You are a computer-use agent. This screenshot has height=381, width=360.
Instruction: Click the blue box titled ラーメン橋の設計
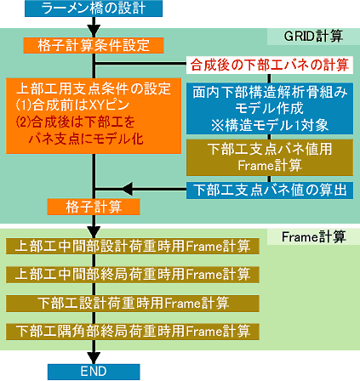pyautogui.click(x=94, y=9)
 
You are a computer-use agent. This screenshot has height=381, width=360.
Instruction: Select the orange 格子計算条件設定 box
pyautogui.click(x=94, y=45)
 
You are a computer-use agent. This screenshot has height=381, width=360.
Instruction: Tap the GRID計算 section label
pyautogui.click(x=313, y=37)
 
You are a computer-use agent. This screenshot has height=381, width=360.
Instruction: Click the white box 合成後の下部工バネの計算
pyautogui.click(x=270, y=65)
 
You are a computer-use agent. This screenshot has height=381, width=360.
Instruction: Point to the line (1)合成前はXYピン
pyautogui.click(x=72, y=105)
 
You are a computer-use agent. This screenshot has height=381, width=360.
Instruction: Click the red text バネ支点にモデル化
pyautogui.click(x=86, y=139)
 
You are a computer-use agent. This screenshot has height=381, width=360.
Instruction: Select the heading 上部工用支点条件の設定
pyautogui.click(x=94, y=88)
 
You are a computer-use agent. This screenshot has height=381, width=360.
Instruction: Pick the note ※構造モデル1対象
pyautogui.click(x=270, y=125)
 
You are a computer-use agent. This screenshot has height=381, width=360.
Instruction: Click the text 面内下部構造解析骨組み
pyautogui.click(x=270, y=92)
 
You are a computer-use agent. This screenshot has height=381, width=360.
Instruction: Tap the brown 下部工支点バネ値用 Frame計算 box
pyautogui.click(x=270, y=157)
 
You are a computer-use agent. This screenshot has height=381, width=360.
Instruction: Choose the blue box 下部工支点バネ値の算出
pyautogui.click(x=270, y=190)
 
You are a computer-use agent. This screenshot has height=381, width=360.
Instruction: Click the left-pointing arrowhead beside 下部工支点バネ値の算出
pyautogui.click(x=127, y=189)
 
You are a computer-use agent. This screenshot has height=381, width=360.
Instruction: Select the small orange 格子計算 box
pyautogui.click(x=94, y=207)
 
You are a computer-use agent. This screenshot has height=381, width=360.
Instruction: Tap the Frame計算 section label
pyautogui.click(x=313, y=236)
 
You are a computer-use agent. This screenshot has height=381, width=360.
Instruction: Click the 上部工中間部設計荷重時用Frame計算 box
pyautogui.click(x=133, y=246)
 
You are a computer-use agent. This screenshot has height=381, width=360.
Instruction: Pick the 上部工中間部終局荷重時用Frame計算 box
pyautogui.click(x=133, y=275)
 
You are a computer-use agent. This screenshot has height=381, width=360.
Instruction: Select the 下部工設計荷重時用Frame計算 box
pyautogui.click(x=133, y=304)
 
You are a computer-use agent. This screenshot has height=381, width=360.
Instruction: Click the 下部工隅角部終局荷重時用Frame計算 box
pyautogui.click(x=133, y=332)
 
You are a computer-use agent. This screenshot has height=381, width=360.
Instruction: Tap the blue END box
pyautogui.click(x=94, y=372)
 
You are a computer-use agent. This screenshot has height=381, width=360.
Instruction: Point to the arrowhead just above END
pyautogui.click(x=94, y=358)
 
